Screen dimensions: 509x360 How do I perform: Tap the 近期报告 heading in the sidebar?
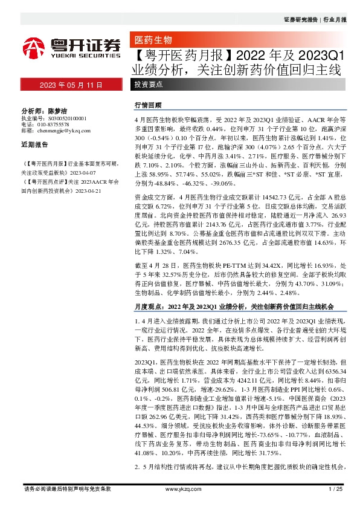(x=34, y=145)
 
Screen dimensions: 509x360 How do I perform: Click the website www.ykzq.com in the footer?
(x=180, y=488)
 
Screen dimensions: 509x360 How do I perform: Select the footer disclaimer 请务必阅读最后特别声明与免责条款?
(x=66, y=488)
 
